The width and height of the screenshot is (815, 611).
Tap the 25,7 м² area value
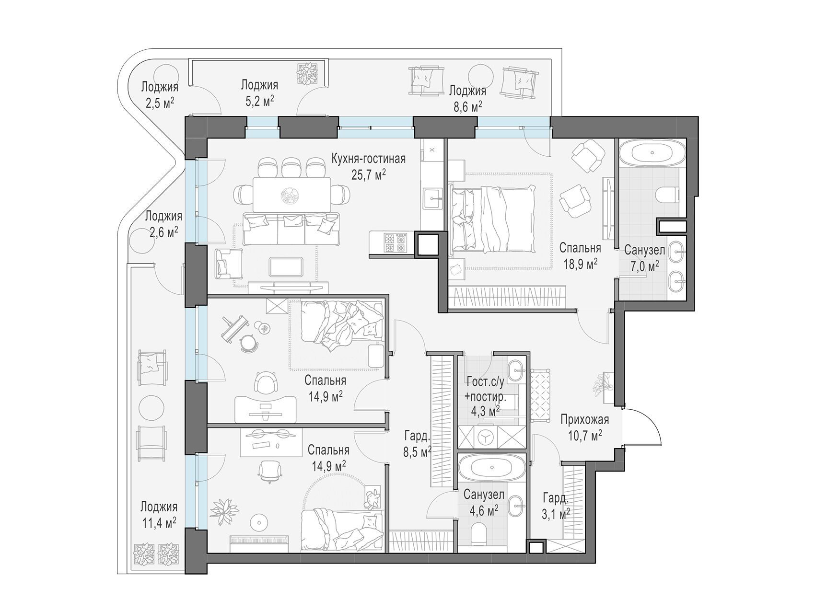369,174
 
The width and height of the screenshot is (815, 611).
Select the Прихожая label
585,420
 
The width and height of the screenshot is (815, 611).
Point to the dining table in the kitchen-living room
291,194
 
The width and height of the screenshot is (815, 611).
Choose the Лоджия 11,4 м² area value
159,522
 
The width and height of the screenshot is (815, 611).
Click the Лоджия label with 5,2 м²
259,85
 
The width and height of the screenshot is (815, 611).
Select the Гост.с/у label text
485,382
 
